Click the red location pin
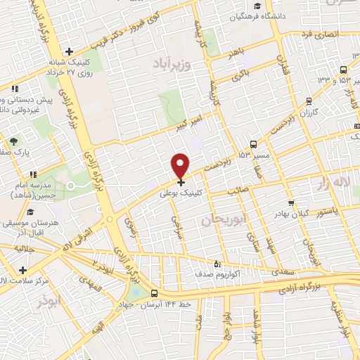point(181,165)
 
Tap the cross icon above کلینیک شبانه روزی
point(69,51)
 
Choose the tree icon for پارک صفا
point(14,141)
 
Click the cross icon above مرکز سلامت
point(24,270)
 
